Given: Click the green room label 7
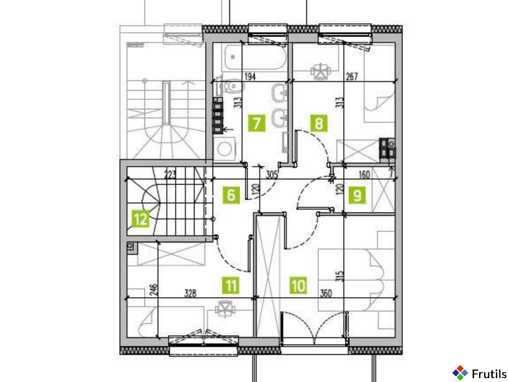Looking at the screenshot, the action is tap(257, 123).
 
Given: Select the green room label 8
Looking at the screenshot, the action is tap(319, 123).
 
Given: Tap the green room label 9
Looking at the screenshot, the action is tap(357, 195).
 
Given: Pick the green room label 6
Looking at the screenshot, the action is tap(231, 195).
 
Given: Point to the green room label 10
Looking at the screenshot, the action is tap(298, 286).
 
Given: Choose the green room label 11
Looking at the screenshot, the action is tap(231, 286).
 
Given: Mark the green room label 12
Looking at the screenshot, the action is tap(141, 219).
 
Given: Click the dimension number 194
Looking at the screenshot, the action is tap(250, 76).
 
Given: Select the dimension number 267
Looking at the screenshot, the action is tap(351, 76).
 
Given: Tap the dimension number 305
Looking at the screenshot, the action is tap(271, 175).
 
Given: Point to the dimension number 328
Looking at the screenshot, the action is tap(190, 293).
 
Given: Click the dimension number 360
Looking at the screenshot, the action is tap(325, 293).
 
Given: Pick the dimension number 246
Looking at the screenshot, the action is tap(154, 290).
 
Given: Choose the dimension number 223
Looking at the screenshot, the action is tap(170, 175).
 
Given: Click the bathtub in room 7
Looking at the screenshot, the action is tap(255, 57).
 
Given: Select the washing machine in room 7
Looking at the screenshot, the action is tap(224, 149).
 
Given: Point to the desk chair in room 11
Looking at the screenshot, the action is tap(225, 308).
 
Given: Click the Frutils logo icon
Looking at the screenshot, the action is tap(460, 373).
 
